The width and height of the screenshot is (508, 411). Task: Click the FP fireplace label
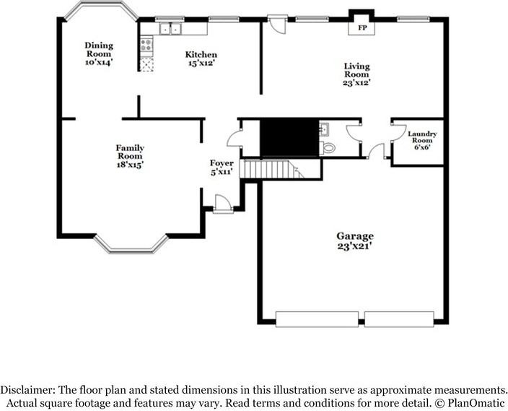coord(362,28)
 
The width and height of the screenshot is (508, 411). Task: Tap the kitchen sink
coord(170,29)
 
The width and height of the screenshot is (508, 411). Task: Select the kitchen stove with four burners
coord(146,45)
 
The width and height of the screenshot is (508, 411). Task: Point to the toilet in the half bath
coord(327,148)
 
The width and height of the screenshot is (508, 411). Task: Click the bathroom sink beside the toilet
coord(324,129)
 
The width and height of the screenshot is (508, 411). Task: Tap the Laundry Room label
coord(422,137)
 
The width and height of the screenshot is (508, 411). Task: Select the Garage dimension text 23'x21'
coord(354,246)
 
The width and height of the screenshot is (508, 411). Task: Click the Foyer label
coord(222,163)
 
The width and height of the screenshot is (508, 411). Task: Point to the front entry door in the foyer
coord(223,204)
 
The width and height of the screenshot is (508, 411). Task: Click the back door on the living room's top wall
coord(277,24)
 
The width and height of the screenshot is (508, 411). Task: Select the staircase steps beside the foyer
coord(272,169)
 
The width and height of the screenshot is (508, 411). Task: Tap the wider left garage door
coord(317,319)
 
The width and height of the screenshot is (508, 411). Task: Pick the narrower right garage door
coord(399,319)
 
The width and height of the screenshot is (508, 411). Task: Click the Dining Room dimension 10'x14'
coord(99,62)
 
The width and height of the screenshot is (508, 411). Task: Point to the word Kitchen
coord(201,54)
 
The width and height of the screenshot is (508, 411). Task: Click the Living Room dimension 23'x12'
coord(356,83)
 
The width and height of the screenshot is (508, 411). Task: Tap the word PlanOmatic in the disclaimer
coord(476,403)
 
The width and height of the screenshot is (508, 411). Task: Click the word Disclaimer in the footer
coord(27,389)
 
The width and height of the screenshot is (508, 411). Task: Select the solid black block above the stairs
coord(289,137)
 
